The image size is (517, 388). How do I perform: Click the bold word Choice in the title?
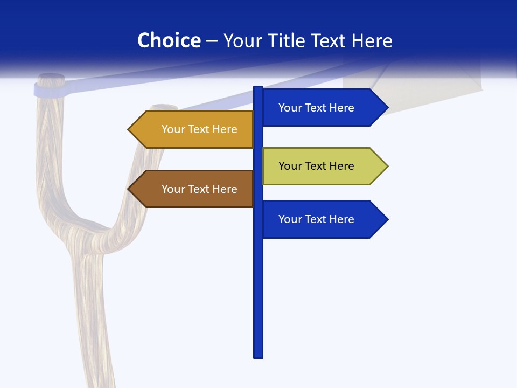point(169,41)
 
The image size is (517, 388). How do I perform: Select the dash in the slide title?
point(212,41)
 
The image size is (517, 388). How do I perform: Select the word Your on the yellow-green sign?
point(290,166)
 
